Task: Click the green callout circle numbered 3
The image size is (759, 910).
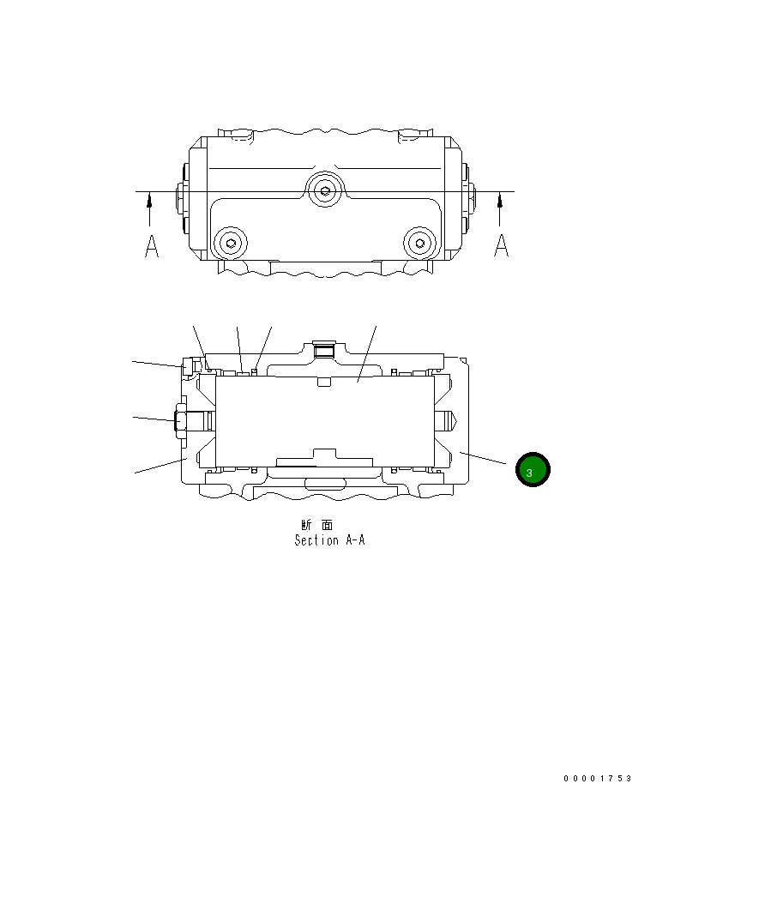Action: click(532, 470)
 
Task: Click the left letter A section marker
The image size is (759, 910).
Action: click(151, 246)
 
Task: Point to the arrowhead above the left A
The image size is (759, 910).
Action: click(150, 200)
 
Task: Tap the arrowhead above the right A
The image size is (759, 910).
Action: click(500, 200)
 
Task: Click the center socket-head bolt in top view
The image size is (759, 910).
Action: click(323, 191)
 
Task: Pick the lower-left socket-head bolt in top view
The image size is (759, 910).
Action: click(229, 243)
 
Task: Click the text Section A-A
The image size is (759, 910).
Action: click(329, 540)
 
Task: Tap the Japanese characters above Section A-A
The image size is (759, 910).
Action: click(317, 525)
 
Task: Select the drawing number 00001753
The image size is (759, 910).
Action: click(597, 778)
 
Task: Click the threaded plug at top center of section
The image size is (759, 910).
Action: click(323, 349)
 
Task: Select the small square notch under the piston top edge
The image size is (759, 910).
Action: click(322, 382)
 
